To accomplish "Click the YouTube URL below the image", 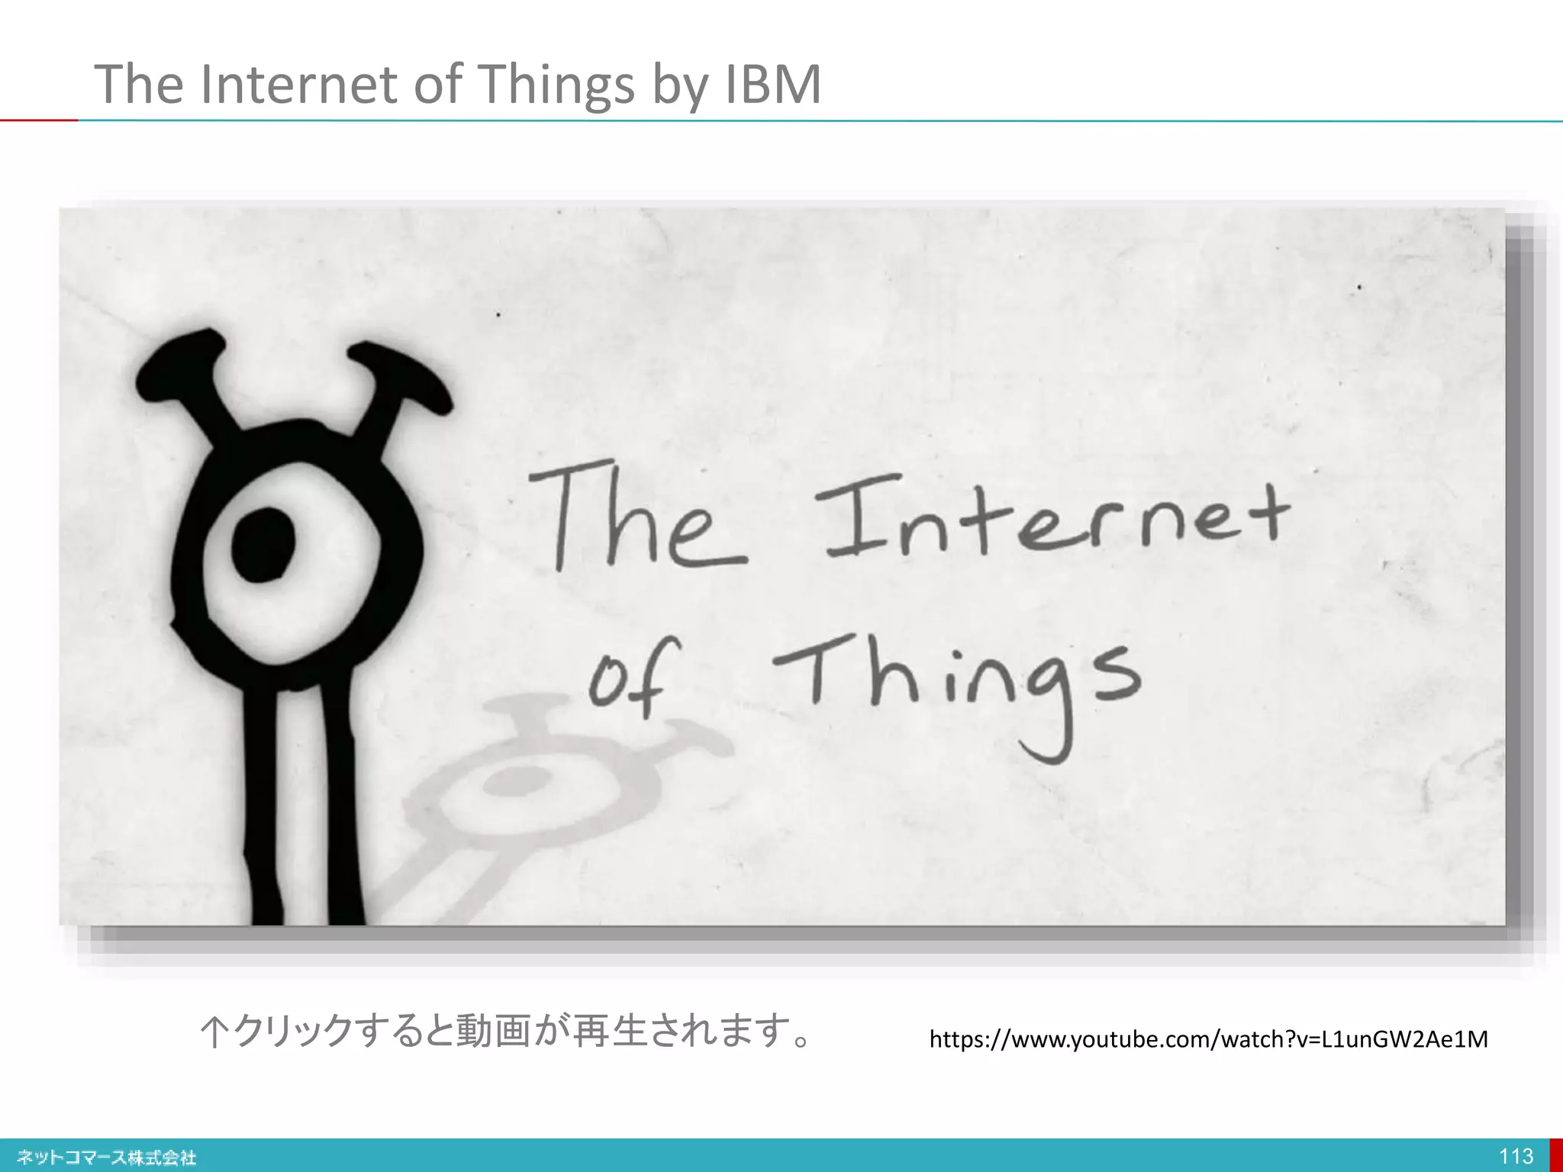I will click(x=1208, y=1039).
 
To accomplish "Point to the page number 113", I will click(x=1516, y=1156).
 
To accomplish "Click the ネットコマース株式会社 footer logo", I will click(x=107, y=1158).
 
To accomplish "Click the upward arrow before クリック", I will click(x=214, y=1032).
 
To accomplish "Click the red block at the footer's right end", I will click(x=1556, y=1155).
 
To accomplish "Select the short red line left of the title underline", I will click(x=38, y=120).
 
